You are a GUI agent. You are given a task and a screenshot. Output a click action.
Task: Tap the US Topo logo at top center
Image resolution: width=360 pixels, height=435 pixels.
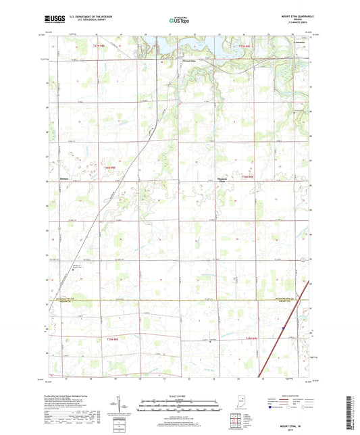tap(178, 21)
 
